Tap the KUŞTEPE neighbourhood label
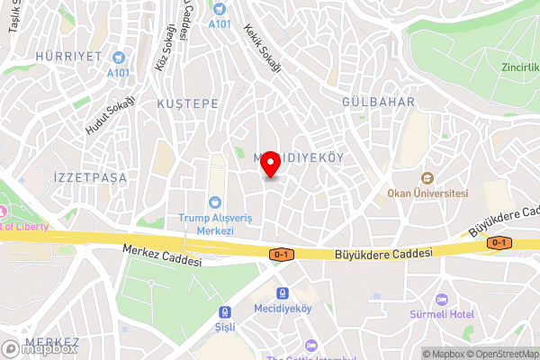pyautogui.click(x=188, y=104)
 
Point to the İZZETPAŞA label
pyautogui.click(x=90, y=176)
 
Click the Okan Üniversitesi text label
pyautogui.click(x=427, y=193)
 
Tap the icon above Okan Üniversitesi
pyautogui.click(x=427, y=178)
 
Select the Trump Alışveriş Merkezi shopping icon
pyautogui.click(x=216, y=202)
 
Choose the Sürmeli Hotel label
pyautogui.click(x=441, y=314)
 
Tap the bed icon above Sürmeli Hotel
pyautogui.click(x=441, y=299)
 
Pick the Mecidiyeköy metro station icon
pyautogui.click(x=283, y=293)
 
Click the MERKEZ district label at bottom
pyautogui.click(x=52, y=343)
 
